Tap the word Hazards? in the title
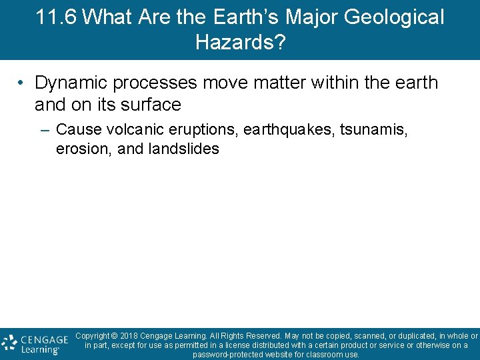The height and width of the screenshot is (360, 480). click(x=240, y=43)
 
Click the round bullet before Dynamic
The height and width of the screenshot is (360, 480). click(x=22, y=83)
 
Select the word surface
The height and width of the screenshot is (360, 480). click(x=151, y=105)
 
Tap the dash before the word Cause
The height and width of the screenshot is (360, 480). click(x=45, y=129)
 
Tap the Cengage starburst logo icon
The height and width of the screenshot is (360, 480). click(x=9, y=343)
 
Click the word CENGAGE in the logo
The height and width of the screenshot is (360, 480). click(x=44, y=339)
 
